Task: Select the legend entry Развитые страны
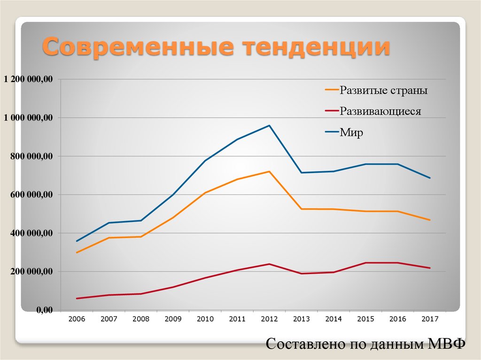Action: point(384,90)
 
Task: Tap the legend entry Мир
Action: point(352,133)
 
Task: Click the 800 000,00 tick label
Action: point(30,156)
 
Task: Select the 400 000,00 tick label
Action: point(30,233)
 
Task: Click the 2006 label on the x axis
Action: point(77,319)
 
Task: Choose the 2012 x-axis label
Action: point(269,319)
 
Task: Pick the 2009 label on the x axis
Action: point(173,319)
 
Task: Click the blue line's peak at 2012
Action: point(269,125)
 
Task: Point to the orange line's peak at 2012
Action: point(269,171)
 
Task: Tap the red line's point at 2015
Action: point(365,263)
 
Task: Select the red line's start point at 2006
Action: point(77,299)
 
